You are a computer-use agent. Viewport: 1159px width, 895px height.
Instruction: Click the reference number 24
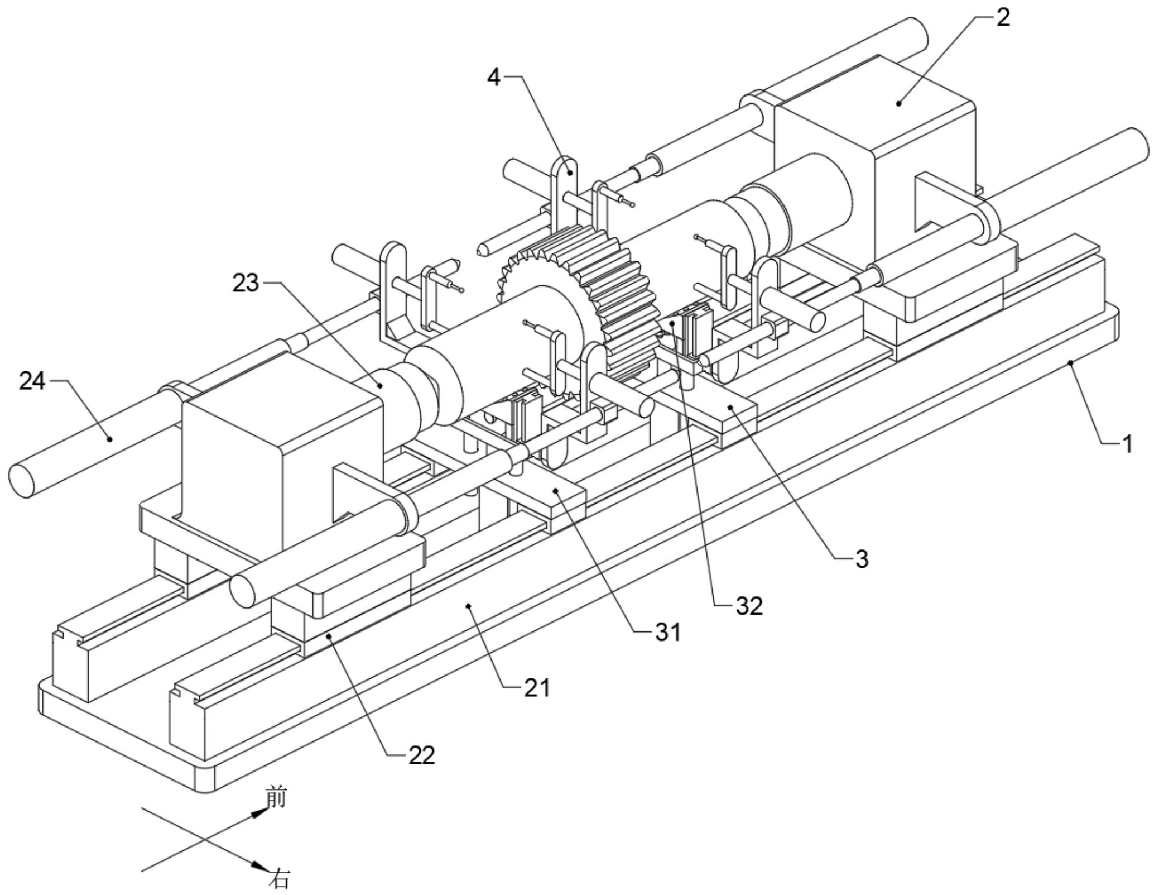(32, 381)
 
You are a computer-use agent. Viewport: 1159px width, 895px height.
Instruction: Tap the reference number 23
(246, 284)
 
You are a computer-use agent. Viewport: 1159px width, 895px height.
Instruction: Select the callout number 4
(494, 78)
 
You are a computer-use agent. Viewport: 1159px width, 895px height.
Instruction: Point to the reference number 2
(1003, 18)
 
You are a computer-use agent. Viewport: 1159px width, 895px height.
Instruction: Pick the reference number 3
(862, 559)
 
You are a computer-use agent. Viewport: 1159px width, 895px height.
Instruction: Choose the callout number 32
(749, 606)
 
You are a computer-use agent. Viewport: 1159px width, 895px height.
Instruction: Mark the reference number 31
(668, 633)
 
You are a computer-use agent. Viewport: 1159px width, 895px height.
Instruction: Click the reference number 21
(537, 687)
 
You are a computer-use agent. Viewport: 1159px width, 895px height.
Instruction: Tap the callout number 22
(421, 756)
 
